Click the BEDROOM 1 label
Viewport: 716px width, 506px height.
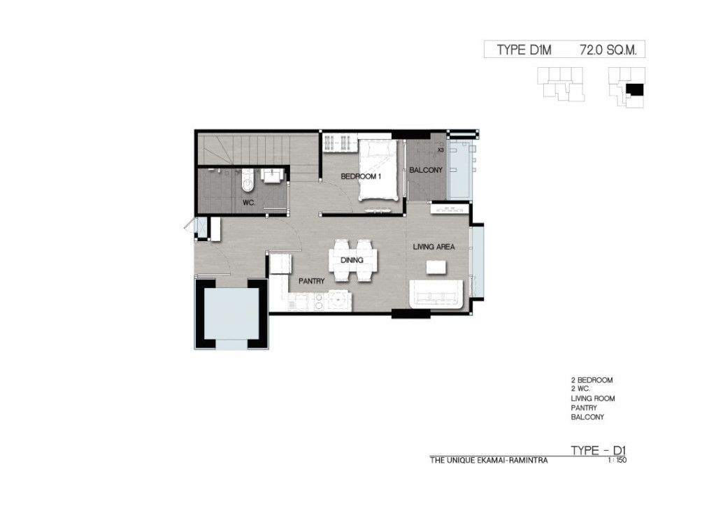tap(361, 176)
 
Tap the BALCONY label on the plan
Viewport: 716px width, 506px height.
tap(426, 171)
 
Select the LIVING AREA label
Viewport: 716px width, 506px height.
tap(434, 247)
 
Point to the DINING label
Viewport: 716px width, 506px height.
tap(352, 260)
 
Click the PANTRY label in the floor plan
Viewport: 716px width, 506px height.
tap(311, 281)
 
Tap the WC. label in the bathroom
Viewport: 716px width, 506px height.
tap(249, 203)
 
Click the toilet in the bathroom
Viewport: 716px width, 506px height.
tap(247, 180)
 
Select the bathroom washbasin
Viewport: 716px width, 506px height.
tap(272, 175)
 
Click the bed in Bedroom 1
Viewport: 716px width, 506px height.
tap(378, 170)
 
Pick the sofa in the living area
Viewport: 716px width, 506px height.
tap(437, 294)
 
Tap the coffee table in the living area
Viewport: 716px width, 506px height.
tap(436, 267)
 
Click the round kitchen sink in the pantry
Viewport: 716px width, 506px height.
tap(339, 301)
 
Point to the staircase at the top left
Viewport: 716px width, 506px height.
tap(258, 149)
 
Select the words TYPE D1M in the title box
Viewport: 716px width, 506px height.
tap(524, 50)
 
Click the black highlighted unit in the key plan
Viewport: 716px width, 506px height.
tap(634, 90)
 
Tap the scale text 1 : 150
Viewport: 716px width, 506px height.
tap(617, 461)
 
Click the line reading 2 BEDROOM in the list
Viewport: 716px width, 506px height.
tap(592, 380)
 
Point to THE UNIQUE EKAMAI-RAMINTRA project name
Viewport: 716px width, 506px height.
tap(489, 461)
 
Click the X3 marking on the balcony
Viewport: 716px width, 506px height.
tap(441, 150)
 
